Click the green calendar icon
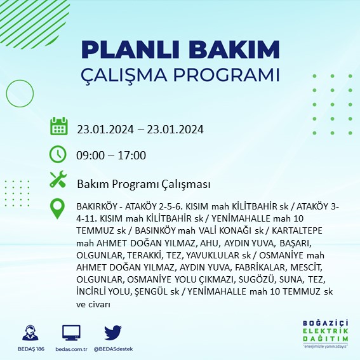tap(58, 126)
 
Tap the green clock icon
tap(58, 154)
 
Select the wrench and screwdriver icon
tap(58, 180)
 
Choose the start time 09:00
tap(90, 156)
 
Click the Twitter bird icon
tap(112, 332)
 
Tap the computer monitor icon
tap(71, 332)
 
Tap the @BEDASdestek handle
tap(112, 349)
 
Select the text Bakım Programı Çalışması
tap(143, 184)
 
